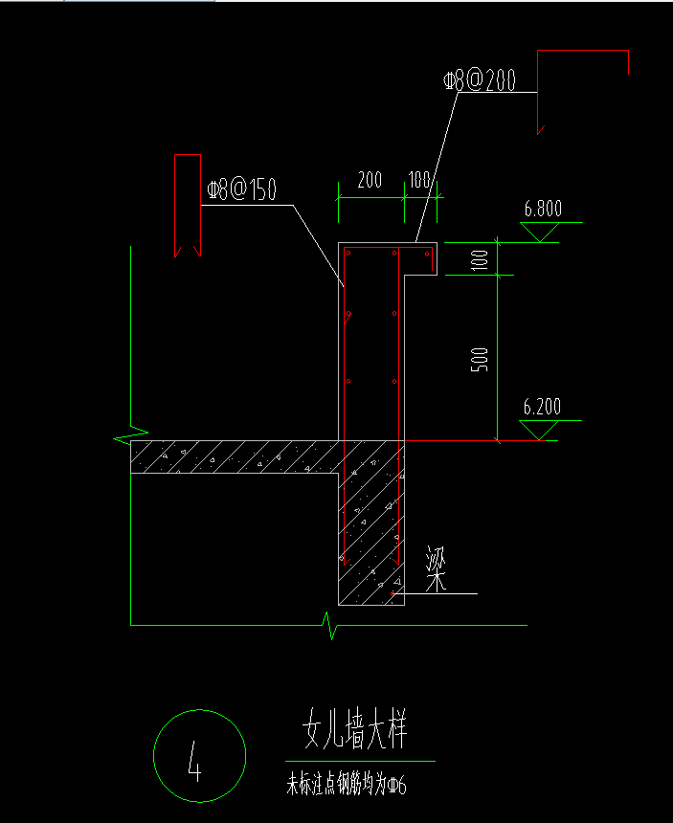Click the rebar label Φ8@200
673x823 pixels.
(x=480, y=81)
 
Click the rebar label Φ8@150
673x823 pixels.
(x=241, y=189)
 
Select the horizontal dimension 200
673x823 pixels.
(x=369, y=180)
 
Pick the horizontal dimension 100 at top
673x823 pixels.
(x=419, y=180)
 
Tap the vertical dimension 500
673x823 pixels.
(x=482, y=358)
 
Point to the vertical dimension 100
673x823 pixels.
(x=481, y=258)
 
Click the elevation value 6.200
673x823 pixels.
(x=542, y=407)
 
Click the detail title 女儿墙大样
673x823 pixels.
(x=355, y=732)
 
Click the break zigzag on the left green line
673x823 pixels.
(x=129, y=436)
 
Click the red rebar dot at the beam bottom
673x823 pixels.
(x=393, y=595)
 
